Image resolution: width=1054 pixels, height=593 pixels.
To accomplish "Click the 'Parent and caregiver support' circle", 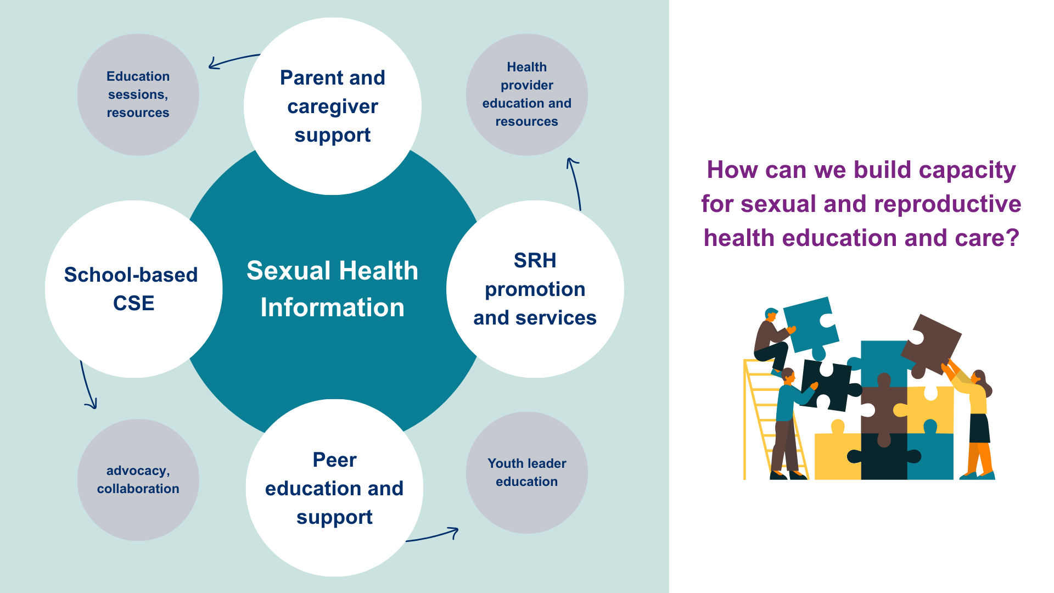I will click(333, 106).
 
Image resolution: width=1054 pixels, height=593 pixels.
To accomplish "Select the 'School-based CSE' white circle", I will click(133, 289).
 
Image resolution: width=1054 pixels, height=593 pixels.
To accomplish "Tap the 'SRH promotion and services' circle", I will click(535, 289).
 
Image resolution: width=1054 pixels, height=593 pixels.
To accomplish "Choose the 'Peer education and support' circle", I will click(334, 488).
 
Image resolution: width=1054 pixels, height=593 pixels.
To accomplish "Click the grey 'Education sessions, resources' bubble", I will click(138, 94).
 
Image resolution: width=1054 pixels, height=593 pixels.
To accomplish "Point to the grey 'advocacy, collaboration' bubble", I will click(138, 479).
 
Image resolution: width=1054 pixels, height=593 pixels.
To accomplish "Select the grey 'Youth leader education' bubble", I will click(526, 472).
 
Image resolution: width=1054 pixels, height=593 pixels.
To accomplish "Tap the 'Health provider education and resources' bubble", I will click(526, 94).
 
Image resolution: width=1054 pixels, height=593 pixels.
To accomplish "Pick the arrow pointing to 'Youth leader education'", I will click(434, 535).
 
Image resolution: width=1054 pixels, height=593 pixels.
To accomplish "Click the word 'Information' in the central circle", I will click(332, 307).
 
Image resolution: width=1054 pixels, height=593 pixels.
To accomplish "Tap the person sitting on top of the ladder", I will click(771, 340).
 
